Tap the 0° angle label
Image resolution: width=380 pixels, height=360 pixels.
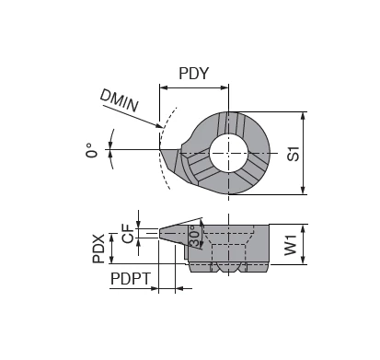92,150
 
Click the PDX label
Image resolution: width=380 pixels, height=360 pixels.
100,247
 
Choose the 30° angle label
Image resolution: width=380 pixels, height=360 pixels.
195,238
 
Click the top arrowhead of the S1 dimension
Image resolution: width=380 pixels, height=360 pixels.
304,115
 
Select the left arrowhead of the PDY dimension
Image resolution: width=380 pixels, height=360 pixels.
163,88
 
